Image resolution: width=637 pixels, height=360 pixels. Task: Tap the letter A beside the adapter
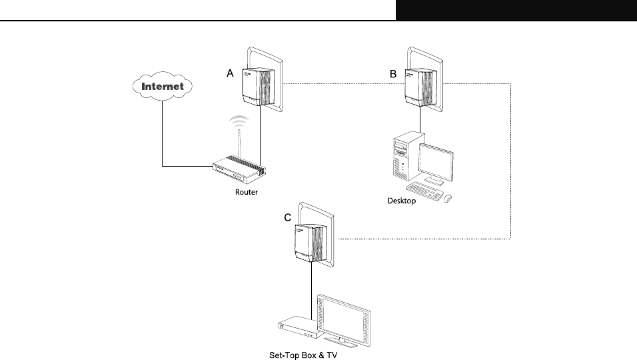(x=230, y=75)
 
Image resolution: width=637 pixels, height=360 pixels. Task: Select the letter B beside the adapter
(x=393, y=75)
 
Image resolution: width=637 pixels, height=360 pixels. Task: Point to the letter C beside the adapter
(x=287, y=217)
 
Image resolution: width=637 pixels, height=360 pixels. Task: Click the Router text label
(x=246, y=192)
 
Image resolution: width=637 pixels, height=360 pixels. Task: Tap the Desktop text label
(x=402, y=201)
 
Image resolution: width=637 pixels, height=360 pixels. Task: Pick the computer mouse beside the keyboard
(x=447, y=198)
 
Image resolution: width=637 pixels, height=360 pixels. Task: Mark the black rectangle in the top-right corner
(x=516, y=10)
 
